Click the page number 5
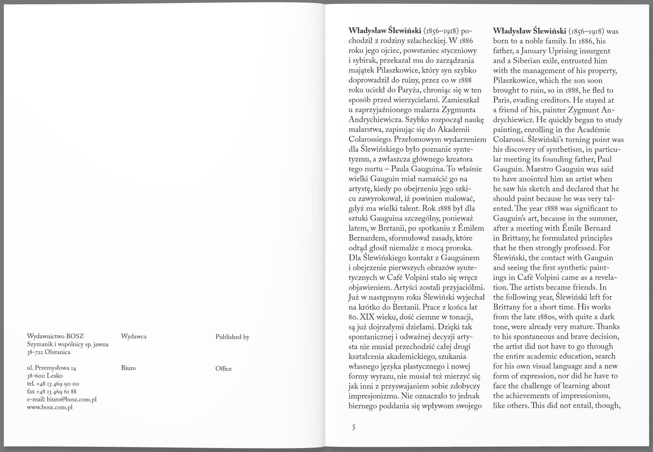354,428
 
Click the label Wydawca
134,336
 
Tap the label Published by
232,337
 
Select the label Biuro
128,368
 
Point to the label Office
223,368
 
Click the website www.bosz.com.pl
50,407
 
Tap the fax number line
52,392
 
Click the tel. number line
53,384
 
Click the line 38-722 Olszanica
49,352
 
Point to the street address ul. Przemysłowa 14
52,368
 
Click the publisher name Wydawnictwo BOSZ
55,336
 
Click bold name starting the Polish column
385,31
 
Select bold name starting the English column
529,31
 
